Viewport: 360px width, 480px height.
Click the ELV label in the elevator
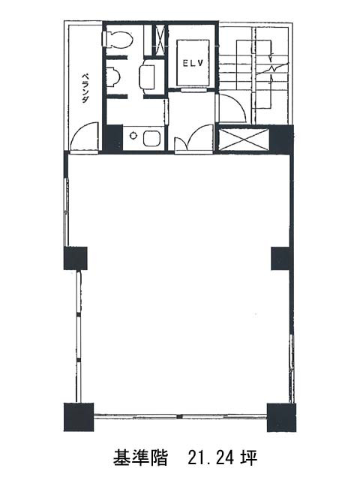click(193, 63)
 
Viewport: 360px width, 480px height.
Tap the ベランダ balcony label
click(85, 88)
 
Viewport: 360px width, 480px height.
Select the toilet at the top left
click(117, 39)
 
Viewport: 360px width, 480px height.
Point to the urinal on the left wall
click(113, 76)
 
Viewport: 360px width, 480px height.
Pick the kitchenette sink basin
click(151, 138)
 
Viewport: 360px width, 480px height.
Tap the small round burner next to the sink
click(133, 135)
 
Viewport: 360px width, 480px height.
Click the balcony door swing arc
click(83, 136)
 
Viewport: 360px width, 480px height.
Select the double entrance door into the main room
click(194, 138)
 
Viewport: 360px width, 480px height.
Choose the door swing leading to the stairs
click(232, 108)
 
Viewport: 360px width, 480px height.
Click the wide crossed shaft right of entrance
click(244, 139)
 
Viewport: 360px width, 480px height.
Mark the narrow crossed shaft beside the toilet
click(159, 40)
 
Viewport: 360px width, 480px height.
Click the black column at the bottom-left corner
click(78, 417)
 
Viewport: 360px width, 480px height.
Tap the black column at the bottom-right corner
click(282, 417)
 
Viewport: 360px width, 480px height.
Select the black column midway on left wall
click(75, 258)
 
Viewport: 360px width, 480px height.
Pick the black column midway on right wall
click(281, 258)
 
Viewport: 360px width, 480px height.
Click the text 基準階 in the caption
click(140, 458)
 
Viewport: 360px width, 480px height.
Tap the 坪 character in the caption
click(248, 458)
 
